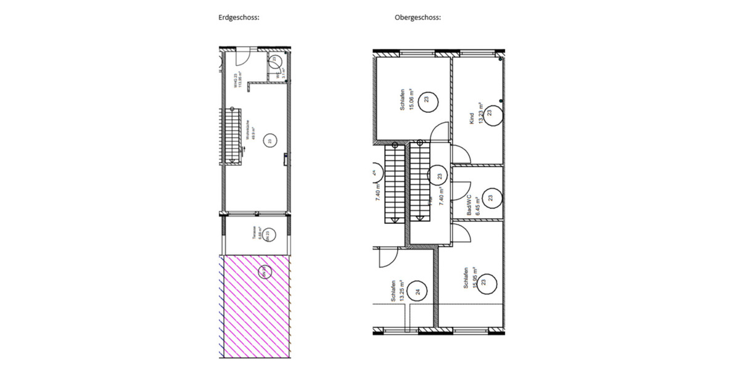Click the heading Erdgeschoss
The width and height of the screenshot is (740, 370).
[239, 18]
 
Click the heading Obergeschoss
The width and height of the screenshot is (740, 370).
[417, 18]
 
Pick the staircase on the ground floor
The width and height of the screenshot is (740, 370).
[232, 134]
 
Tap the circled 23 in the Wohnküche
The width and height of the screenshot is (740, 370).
[269, 141]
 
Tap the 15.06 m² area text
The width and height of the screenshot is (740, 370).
[409, 99]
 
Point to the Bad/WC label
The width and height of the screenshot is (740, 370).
[469, 205]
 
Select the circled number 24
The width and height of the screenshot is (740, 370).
[417, 292]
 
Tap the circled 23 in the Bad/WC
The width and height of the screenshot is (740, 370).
[490, 199]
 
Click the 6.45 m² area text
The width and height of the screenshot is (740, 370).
[477, 205]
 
